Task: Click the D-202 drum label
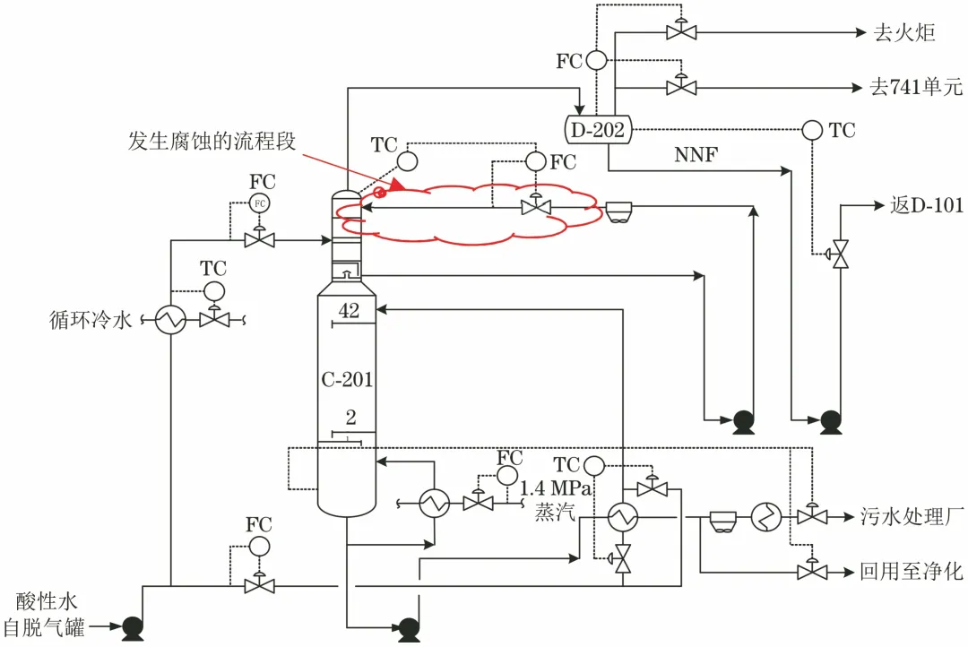click(x=598, y=130)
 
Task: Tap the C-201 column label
click(x=347, y=379)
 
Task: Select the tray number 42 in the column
click(x=349, y=310)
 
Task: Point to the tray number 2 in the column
click(x=350, y=418)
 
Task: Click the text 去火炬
click(x=904, y=32)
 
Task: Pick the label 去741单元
click(x=915, y=87)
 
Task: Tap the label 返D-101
click(x=927, y=204)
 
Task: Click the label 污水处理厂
click(x=912, y=516)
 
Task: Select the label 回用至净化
click(x=912, y=571)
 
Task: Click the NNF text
click(x=696, y=154)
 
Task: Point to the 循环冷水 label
click(x=91, y=320)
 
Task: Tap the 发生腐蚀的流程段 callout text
click(x=212, y=141)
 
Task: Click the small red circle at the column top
click(x=380, y=194)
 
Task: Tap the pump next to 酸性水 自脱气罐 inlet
click(x=132, y=628)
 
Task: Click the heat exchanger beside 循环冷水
click(x=170, y=320)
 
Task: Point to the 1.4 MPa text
click(x=556, y=488)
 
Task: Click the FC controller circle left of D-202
click(x=596, y=60)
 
